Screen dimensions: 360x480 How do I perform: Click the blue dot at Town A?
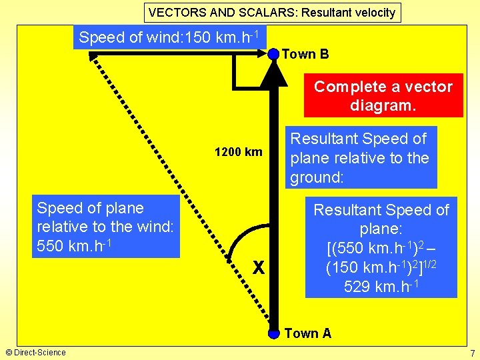click(273, 333)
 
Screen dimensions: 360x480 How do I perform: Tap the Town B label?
click(305, 54)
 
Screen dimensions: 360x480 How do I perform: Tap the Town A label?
click(307, 333)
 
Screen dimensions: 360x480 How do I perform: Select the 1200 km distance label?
click(238, 152)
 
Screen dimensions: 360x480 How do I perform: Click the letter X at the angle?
click(258, 269)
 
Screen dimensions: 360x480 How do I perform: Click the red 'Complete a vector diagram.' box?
click(383, 95)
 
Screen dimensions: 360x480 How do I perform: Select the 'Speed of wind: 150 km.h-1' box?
click(170, 37)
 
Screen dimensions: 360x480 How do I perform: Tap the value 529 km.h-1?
click(381, 287)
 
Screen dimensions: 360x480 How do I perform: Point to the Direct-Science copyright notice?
click(35, 352)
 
